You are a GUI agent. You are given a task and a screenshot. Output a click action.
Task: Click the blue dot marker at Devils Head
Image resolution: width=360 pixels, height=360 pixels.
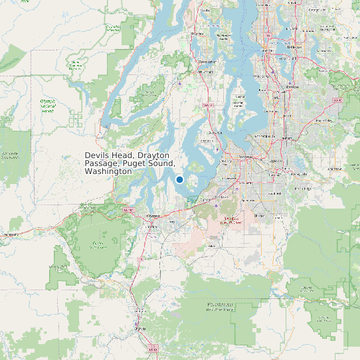click(179, 179)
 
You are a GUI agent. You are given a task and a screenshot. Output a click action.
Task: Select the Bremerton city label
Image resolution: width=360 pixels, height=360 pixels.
click(208, 62)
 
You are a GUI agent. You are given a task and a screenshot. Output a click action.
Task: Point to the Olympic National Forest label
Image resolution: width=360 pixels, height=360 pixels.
click(47, 106)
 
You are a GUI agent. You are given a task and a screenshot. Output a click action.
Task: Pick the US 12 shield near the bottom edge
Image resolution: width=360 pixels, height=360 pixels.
click(153, 347)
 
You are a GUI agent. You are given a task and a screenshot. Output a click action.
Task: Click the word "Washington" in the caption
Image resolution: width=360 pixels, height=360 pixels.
click(108, 171)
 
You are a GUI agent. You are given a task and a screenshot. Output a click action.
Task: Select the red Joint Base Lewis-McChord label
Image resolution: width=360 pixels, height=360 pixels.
click(230, 221)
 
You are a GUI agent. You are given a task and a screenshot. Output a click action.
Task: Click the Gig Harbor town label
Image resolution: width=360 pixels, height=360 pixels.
click(214, 133)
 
